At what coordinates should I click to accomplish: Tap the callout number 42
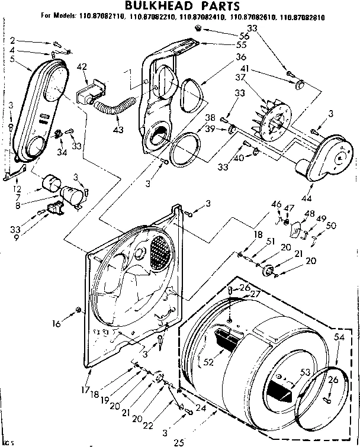[82, 66]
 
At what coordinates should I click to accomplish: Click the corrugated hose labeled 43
[112, 109]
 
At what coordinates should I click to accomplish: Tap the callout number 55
[208, 44]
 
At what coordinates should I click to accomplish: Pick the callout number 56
[210, 36]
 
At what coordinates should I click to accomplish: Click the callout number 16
[57, 324]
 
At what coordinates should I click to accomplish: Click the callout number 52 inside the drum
[209, 360]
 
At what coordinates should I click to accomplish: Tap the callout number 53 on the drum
[305, 372]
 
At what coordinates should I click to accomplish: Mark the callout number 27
[255, 293]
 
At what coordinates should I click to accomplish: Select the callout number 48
[309, 213]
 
